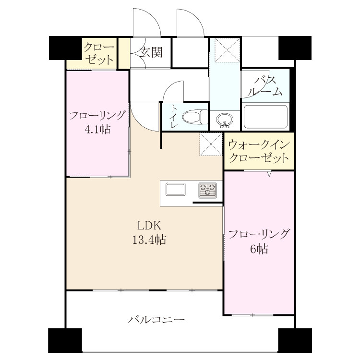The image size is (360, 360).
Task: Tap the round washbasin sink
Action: [225, 120]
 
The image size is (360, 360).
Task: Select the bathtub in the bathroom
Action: [265, 117]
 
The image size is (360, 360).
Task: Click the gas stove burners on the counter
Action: [207, 191]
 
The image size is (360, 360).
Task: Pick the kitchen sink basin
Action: [176, 189]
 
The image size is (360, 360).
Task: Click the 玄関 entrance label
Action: [152, 52]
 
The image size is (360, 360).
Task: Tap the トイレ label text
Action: [174, 117]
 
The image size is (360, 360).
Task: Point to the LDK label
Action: [149, 226]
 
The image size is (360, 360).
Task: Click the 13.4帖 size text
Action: [149, 240]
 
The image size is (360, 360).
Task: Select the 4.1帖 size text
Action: [97, 130]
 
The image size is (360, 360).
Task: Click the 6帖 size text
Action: [259, 249]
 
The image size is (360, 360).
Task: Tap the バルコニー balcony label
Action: [156, 320]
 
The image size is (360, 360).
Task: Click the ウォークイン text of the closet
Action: [259, 145]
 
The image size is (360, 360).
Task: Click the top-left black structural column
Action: [65, 48]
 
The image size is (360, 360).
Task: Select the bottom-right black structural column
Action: [295, 340]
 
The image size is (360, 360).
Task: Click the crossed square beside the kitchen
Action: [211, 144]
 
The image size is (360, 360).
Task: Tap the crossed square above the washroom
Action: [228, 50]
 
